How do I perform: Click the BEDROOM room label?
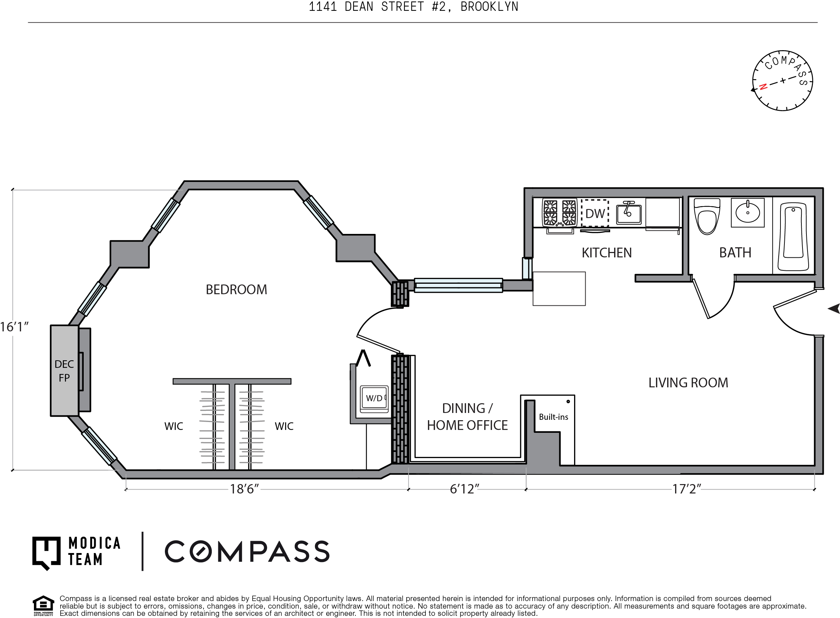point(236,290)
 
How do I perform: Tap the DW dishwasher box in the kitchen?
point(595,213)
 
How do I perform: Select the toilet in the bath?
point(706,216)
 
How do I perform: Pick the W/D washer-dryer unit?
point(374,399)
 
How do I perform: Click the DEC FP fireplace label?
point(64,371)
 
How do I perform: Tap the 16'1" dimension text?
point(14,327)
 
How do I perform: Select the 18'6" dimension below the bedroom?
point(244,489)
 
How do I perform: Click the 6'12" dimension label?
point(464,489)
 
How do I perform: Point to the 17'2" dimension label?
point(687,489)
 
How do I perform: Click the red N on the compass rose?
point(763,86)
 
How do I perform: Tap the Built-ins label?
point(553,417)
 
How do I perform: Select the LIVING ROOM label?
point(688,383)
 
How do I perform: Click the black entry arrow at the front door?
point(834,309)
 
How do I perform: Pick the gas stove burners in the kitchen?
point(560,213)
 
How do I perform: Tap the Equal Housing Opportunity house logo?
point(43,605)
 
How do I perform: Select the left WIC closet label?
point(174,426)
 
